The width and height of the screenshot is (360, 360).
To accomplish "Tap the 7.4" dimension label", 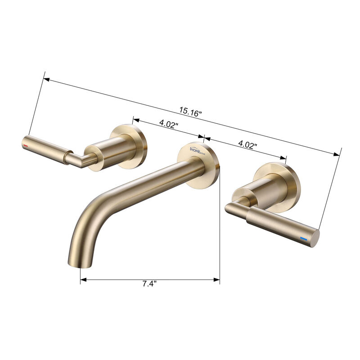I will point(149,284).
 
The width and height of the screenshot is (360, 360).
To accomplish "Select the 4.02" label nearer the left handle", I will point(169,124).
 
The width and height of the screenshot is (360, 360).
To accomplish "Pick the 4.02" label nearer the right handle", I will point(247,145).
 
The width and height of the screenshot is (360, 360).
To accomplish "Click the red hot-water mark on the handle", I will point(26,147).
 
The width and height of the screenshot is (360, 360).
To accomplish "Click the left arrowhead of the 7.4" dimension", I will point(83,280).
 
